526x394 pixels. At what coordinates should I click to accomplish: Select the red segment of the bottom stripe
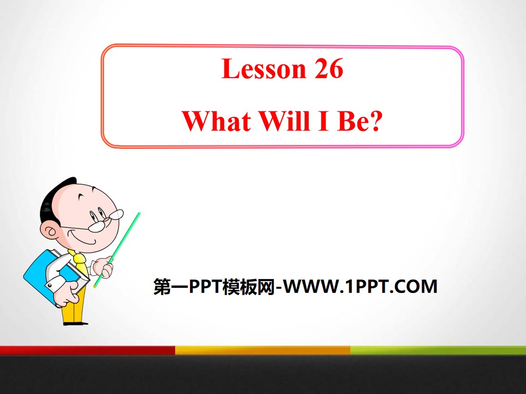pos(87,350)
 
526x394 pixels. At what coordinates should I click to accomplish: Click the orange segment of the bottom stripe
pos(262,350)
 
